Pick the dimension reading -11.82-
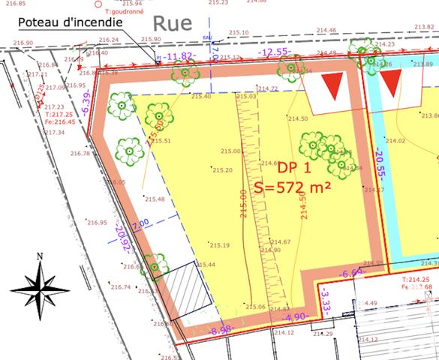coord(181,55)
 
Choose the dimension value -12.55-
coord(275,52)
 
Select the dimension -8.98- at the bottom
coord(221,329)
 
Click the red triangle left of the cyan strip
coord(331,87)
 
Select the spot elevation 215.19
coord(219,245)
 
